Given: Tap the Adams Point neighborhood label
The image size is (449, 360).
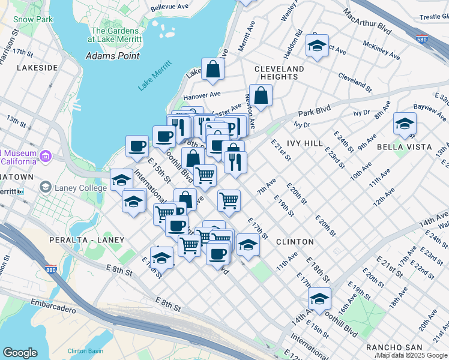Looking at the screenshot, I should click(113, 56).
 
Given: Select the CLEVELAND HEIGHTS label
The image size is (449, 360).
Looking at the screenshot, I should click(279, 73).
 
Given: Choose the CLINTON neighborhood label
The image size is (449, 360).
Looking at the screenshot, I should click(295, 242).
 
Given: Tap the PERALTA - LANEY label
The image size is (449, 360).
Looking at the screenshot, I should click(87, 240).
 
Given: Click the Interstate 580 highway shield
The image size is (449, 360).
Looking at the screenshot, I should click(423, 37).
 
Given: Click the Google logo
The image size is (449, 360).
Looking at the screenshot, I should click(20, 353).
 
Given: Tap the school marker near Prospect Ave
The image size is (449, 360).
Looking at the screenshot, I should click(316, 47).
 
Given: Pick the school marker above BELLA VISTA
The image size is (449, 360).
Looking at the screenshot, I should click(405, 124).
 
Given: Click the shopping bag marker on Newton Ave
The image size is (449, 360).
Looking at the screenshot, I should click(261, 96).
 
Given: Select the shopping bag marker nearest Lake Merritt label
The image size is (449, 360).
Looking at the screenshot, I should click(213, 70).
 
